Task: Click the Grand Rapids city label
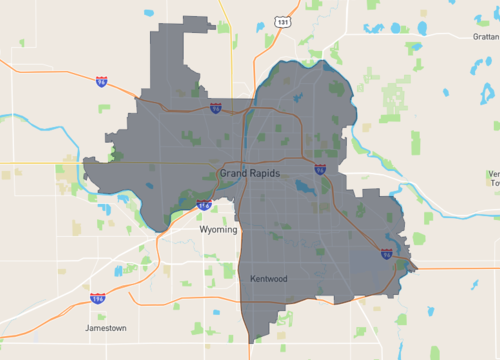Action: (249, 173)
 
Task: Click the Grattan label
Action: (480, 36)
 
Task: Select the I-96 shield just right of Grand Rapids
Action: (319, 170)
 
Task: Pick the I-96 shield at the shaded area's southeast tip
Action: (386, 254)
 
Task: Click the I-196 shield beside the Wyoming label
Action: (204, 206)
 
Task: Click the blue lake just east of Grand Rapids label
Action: (303, 186)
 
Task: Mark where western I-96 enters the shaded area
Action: (140, 96)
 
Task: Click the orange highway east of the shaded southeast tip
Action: (450, 268)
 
